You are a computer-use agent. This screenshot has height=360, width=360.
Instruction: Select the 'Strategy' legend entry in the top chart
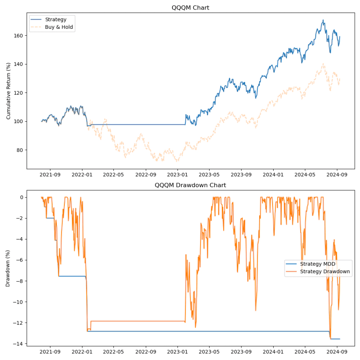tap(55, 19)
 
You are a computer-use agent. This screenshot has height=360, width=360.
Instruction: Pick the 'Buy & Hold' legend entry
tap(59, 27)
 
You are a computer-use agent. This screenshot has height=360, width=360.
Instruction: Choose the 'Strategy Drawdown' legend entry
tap(325, 271)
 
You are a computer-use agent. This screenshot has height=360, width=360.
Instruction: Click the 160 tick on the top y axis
tap(19, 36)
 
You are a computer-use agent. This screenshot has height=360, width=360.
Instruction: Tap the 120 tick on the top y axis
tap(19, 93)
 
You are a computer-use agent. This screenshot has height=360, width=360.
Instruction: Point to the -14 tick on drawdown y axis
tap(19, 344)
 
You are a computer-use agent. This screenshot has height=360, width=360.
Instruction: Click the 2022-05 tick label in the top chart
tap(114, 175)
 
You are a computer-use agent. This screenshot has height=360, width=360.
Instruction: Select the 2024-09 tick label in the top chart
tap(337, 175)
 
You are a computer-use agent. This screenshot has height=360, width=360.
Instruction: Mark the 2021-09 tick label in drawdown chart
tap(50, 352)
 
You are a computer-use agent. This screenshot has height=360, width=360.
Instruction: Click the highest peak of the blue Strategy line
tap(323, 20)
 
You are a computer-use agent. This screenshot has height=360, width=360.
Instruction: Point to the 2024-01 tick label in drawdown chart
tap(273, 352)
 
